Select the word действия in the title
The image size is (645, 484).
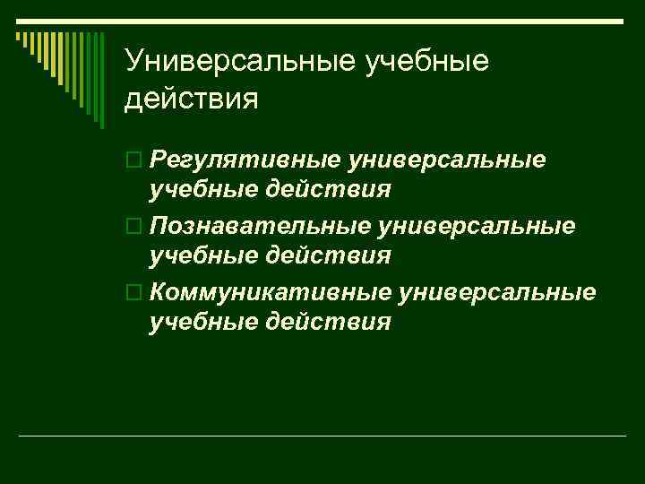coord(192,98)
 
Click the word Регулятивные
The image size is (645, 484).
coord(245,160)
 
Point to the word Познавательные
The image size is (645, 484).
coord(261,225)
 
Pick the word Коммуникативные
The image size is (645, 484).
coord(271,291)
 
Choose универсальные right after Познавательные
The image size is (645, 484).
coord(477,225)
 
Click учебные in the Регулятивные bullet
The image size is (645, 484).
coord(202,190)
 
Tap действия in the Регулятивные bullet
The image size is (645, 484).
coord(329,190)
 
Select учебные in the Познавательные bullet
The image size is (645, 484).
coord(202,255)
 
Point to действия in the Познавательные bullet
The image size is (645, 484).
coord(329,255)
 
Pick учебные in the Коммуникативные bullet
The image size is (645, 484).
coord(202,322)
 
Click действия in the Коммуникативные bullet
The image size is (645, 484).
coord(329,322)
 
